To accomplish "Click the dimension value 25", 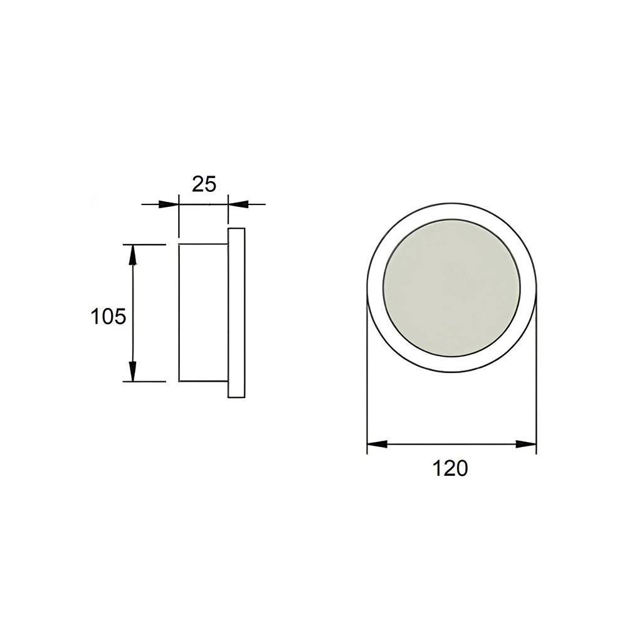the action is pos(204,184).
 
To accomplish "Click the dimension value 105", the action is pos(108,317).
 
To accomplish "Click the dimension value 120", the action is pos(450,468).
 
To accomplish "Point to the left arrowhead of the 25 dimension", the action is pos(168,204).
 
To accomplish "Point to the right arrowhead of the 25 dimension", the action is pos(238,204).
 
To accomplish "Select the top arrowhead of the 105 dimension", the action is pos(133,255).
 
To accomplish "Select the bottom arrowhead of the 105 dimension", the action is pos(133,371).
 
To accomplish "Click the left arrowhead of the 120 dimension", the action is pos(377,444).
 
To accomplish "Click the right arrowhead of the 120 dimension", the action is pos(526,444).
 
